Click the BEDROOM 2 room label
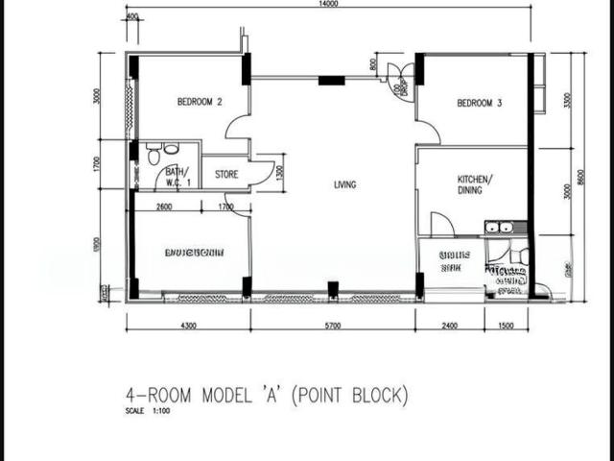200,101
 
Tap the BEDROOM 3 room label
479,104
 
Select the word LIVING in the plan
344,184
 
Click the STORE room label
226,175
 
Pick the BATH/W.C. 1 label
179,176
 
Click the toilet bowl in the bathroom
153,154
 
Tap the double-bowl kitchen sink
499,228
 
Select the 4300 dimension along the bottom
188,327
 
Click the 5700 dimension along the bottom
333,327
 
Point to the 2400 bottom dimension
451,327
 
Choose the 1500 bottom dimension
507,327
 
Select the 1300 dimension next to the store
279,172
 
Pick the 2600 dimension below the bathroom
164,206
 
